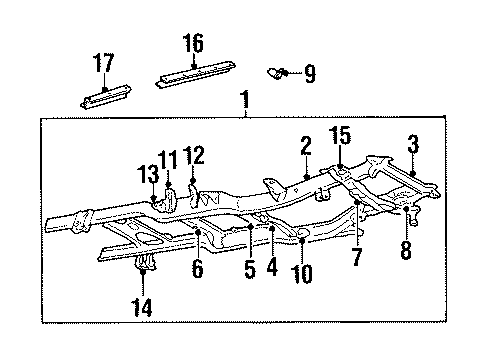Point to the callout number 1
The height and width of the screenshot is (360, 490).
tap(244, 101)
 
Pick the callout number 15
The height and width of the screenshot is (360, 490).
tap(344, 134)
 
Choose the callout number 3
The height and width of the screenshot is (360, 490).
tap(412, 146)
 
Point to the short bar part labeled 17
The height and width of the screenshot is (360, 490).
tap(105, 96)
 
